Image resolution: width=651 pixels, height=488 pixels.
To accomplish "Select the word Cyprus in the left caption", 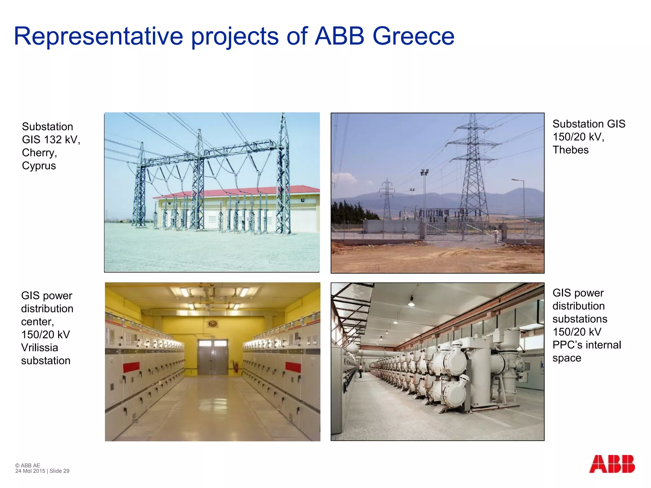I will [x=39, y=166].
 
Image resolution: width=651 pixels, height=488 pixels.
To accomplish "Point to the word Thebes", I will [x=570, y=150].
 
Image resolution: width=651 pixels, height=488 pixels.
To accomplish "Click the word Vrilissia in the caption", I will [x=39, y=348].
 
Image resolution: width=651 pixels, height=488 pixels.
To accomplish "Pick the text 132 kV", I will [x=62, y=140].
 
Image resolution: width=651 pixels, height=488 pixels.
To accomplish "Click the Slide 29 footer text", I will [x=59, y=471].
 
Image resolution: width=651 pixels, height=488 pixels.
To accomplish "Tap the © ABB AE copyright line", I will [x=28, y=465].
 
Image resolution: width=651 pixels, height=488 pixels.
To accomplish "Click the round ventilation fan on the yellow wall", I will [x=212, y=324].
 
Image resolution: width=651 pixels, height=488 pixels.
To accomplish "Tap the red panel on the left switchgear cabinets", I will [x=131, y=367].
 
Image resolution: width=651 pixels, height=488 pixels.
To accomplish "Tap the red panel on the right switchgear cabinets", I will [x=293, y=367].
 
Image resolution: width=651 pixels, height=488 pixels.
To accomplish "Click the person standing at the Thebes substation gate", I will [x=496, y=236].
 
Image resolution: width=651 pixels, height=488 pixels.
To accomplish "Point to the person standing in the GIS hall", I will [x=360, y=371].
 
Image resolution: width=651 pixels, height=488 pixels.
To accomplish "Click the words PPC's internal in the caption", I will [x=586, y=345].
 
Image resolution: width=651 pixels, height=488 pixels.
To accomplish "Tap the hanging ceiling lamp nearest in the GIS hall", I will [x=411, y=302].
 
